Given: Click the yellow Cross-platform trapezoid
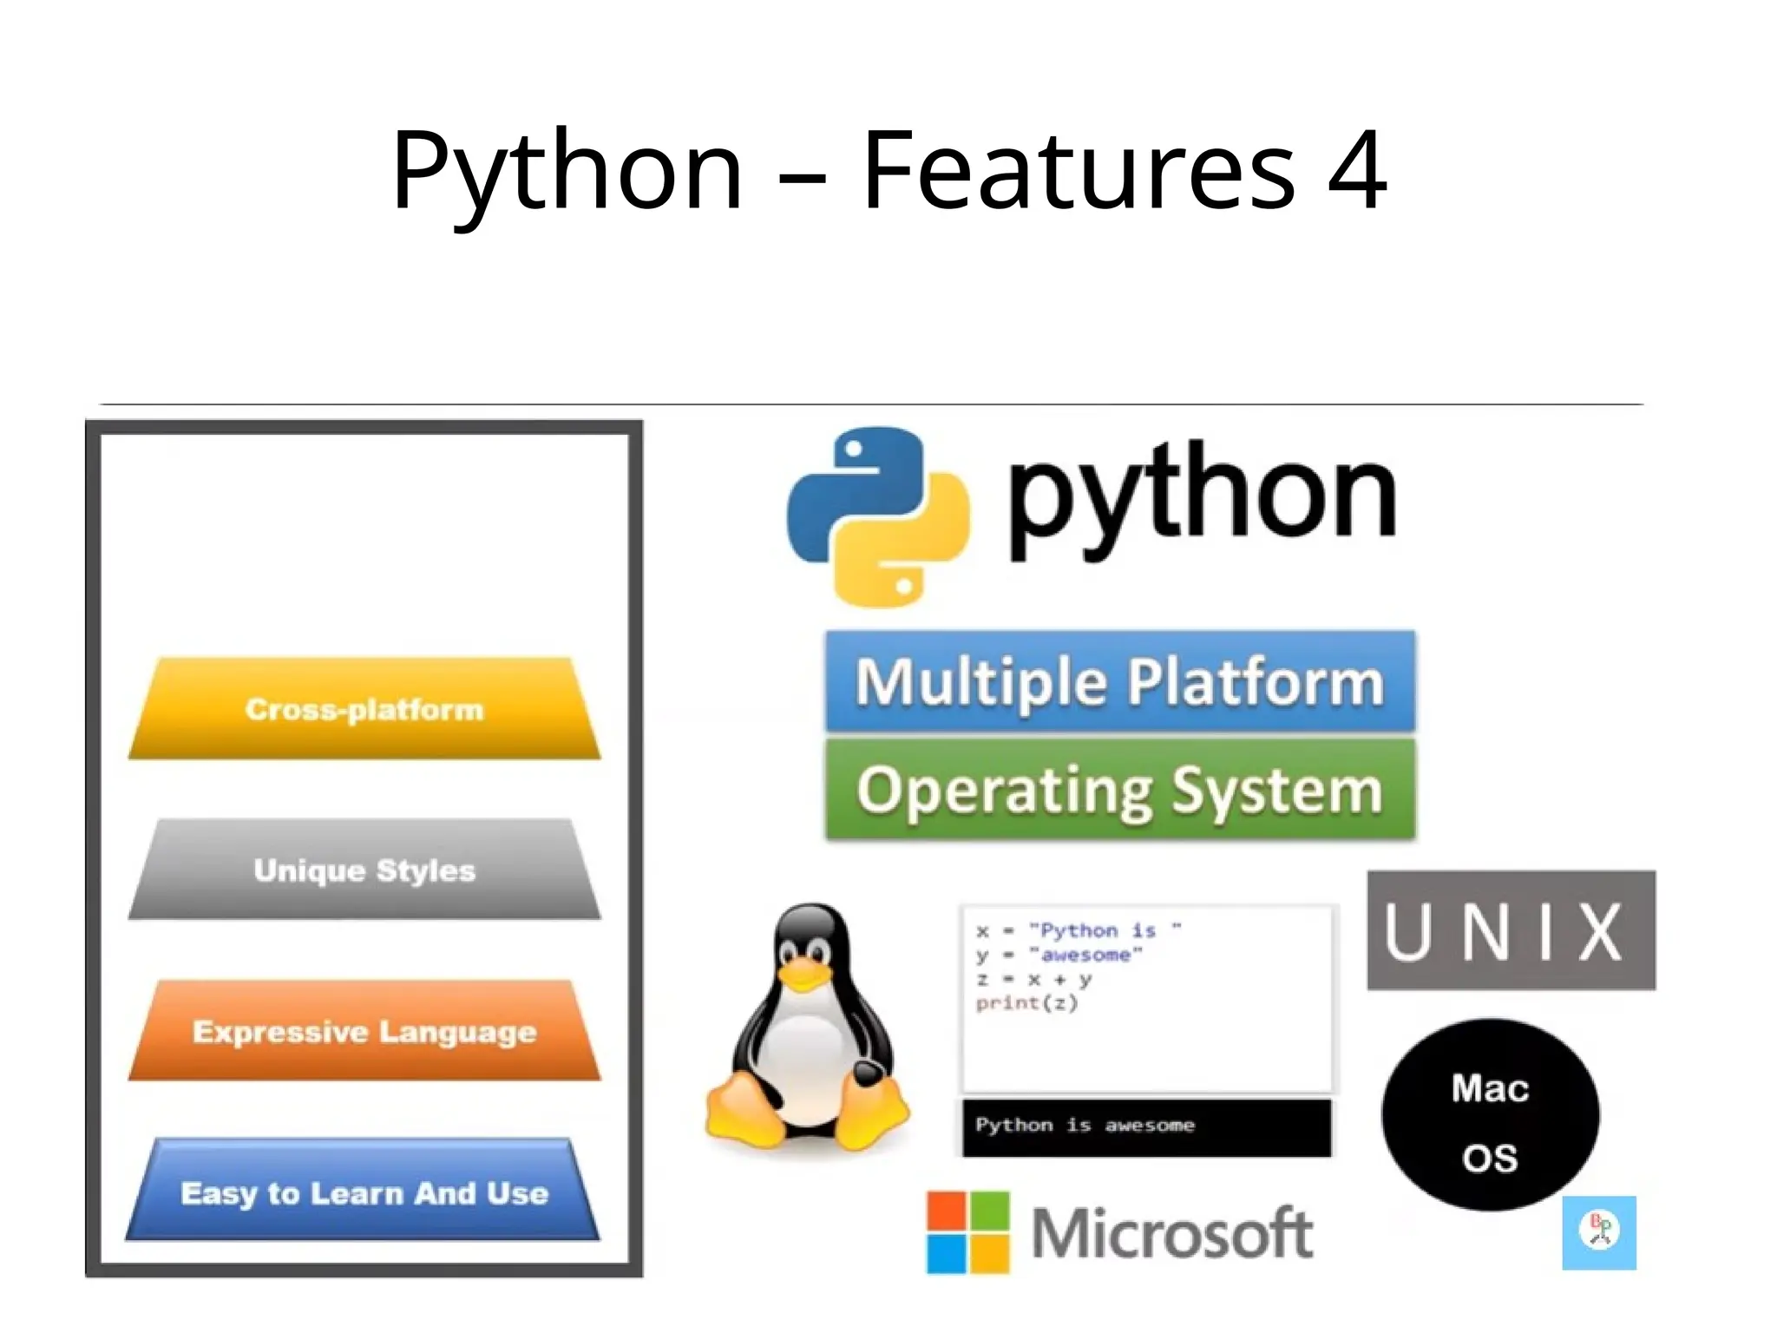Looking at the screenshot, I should (x=364, y=709).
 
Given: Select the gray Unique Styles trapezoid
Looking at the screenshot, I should (x=364, y=870).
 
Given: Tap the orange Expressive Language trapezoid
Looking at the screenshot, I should (x=364, y=1031).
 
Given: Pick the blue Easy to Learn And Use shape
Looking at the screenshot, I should (x=364, y=1192).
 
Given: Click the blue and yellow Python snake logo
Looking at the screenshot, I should (x=877, y=516).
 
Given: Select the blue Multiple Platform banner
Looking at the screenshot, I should (x=1119, y=681).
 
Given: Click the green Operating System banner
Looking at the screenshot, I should (x=1119, y=790).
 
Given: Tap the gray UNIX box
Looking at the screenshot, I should (x=1511, y=930).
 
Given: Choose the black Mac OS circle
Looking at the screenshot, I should (x=1490, y=1115).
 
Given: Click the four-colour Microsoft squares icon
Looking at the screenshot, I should (x=967, y=1232).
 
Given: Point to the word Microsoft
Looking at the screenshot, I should (x=1171, y=1233).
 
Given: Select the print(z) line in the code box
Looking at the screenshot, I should (x=1026, y=1003).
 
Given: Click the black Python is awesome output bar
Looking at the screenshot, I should (x=1145, y=1126).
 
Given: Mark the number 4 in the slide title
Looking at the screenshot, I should (x=1358, y=170).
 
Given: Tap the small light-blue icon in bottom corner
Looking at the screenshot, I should (x=1599, y=1232).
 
